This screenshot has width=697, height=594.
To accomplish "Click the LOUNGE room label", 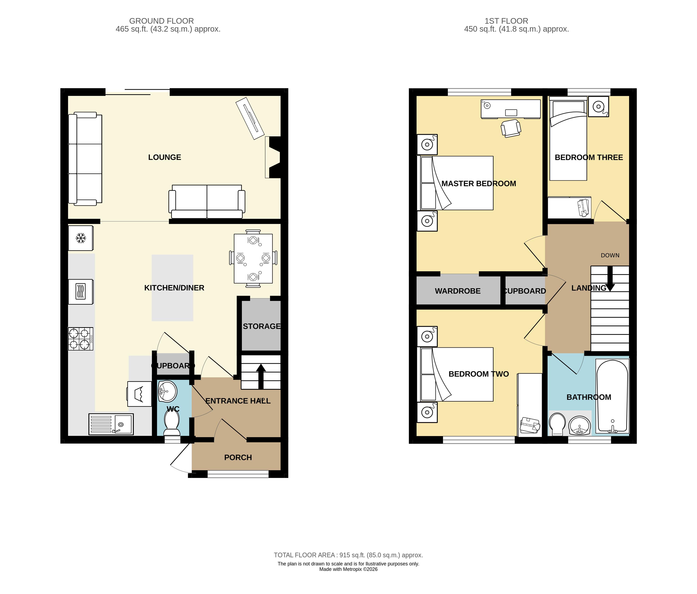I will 164,157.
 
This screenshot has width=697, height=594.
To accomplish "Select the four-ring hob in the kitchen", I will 80,339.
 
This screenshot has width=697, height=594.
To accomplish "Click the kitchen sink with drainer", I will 111,424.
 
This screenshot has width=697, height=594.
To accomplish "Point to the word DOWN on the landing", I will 610,255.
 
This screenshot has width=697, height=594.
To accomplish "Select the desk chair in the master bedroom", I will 511,128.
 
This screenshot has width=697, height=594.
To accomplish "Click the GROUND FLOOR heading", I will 161,21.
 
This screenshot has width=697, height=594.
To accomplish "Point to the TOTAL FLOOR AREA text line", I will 348,555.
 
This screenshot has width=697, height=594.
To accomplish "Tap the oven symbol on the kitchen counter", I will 80,292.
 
